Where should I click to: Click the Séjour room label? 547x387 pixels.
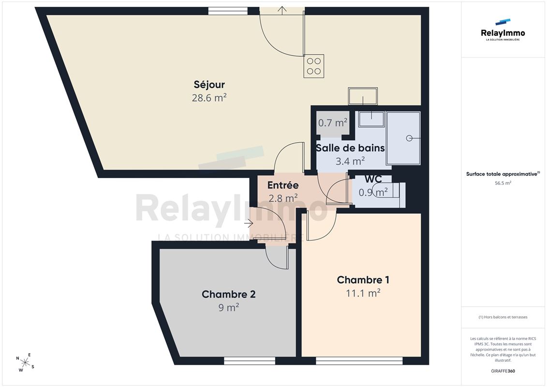point(209,85)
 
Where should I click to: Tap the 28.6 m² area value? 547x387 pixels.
point(209,98)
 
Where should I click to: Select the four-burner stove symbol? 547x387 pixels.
point(313,66)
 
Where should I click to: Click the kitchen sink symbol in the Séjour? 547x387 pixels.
point(363,96)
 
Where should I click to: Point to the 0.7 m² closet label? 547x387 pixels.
point(333,122)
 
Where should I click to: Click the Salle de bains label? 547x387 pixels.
point(350,148)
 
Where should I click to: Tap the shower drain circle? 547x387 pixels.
point(409,138)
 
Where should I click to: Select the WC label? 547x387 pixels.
point(373,179)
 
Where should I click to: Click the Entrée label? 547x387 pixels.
point(283,185)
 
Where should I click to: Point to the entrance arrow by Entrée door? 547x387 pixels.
point(249,223)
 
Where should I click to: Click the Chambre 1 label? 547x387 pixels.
point(363,280)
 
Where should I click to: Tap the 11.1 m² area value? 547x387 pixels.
point(363,293)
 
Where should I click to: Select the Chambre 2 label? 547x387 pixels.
point(228,294)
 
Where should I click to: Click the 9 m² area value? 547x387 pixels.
point(228,308)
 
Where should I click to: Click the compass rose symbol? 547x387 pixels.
point(25,363)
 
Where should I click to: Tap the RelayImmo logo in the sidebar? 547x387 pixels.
point(503,30)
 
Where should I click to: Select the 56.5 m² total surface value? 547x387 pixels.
point(503,183)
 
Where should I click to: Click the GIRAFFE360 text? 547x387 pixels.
point(503,371)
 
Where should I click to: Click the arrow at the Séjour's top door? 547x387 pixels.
point(282,10)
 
